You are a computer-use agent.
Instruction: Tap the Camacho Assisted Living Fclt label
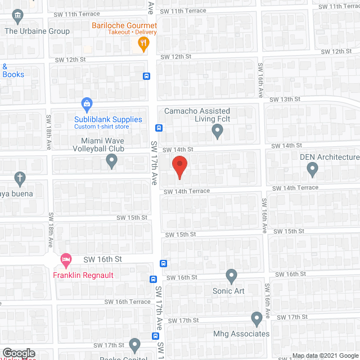pyautogui.click(x=197, y=115)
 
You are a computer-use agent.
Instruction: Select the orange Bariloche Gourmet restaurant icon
pyautogui.click(x=143, y=44)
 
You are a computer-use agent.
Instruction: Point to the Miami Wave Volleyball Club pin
pyautogui.click(x=111, y=162)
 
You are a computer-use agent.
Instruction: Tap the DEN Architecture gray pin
pyautogui.click(x=312, y=168)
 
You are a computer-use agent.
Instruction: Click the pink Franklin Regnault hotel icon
pyautogui.click(x=66, y=261)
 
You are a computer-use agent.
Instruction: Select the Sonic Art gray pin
pyautogui.click(x=231, y=276)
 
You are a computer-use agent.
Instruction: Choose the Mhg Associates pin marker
pyautogui.click(x=256, y=319)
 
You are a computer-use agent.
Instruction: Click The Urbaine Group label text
pyautogui.click(x=37, y=31)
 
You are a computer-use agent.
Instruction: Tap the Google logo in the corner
pyautogui.click(x=19, y=353)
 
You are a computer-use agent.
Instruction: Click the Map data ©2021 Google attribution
pyautogui.click(x=325, y=355)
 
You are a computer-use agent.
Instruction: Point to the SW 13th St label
pyautogui.click(x=285, y=99)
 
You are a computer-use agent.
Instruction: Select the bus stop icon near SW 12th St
pyautogui.click(x=146, y=76)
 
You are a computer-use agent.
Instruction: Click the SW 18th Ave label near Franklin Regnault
pyautogui.click(x=51, y=228)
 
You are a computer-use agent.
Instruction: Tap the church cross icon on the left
pyautogui.click(x=20, y=179)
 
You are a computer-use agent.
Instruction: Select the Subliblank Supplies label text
pyautogui.click(x=108, y=119)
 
